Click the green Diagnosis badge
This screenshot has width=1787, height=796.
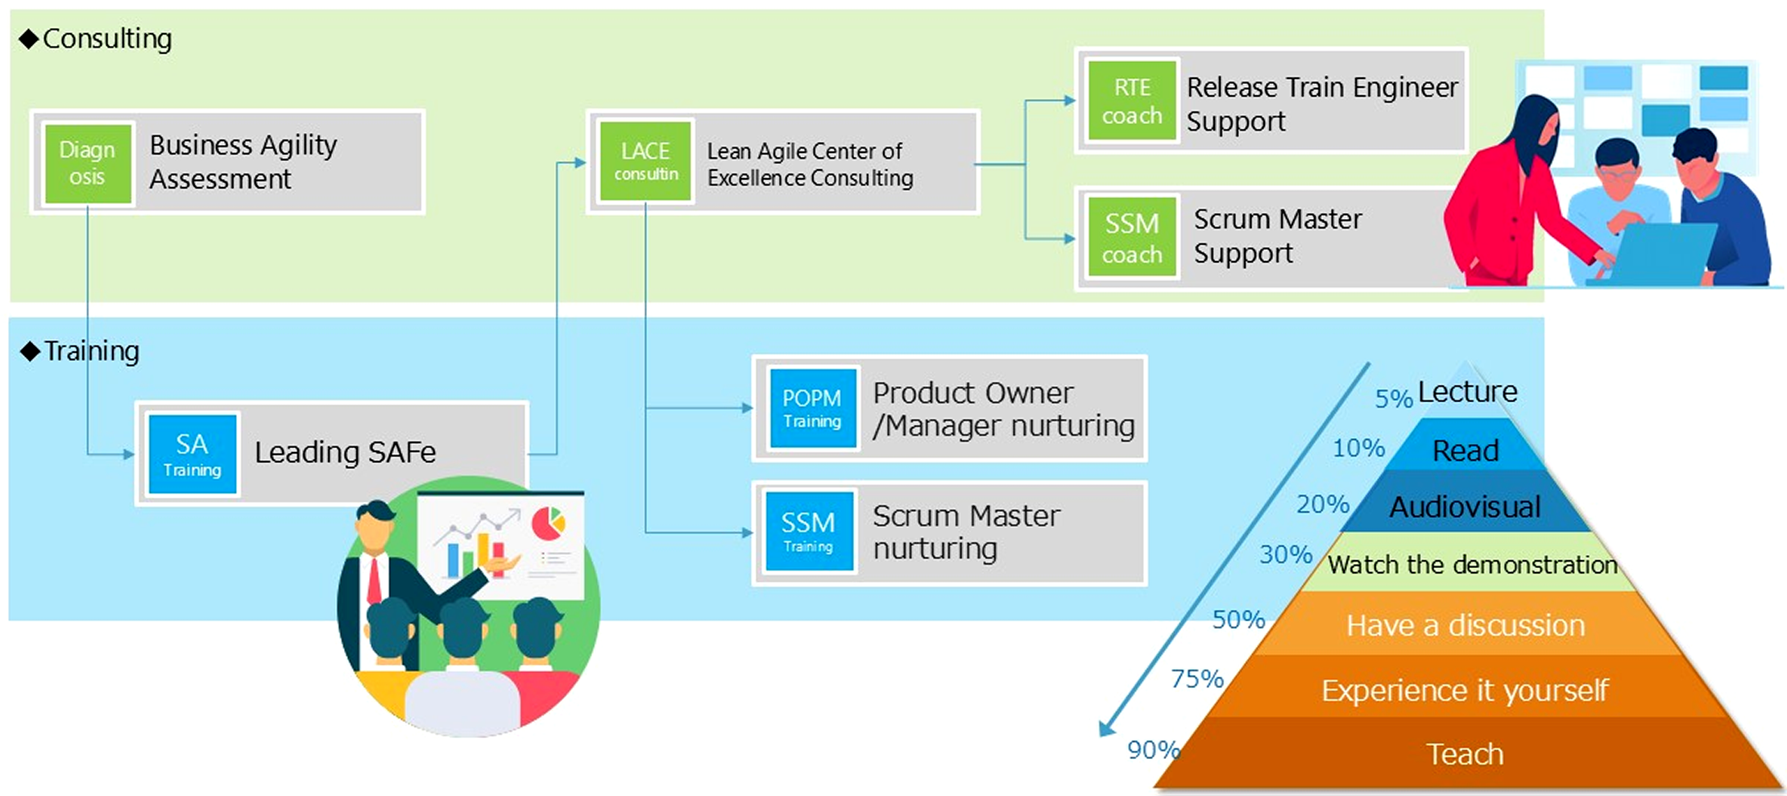point(87,163)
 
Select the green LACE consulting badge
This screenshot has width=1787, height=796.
point(645,161)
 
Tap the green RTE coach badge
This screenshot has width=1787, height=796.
point(1132,101)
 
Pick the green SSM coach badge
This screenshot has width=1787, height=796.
point(1132,238)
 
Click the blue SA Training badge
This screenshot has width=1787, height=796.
point(193,454)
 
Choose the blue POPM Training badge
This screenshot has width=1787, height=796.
point(812,408)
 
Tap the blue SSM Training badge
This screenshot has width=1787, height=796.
point(808,532)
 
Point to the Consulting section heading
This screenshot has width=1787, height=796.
point(106,39)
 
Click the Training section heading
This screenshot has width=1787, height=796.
point(91,351)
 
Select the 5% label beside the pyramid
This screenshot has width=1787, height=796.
point(1393,399)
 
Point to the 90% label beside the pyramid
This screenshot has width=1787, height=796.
point(1152,750)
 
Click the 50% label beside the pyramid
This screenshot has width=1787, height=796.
point(1238,620)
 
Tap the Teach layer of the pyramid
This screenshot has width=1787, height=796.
point(1465,754)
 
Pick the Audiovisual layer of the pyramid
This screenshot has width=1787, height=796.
point(1465,507)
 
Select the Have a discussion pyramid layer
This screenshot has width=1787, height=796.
point(1465,625)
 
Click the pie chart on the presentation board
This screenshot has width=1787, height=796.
point(549,523)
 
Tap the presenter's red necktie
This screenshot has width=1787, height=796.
point(375,579)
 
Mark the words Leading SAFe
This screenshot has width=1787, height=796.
point(345,453)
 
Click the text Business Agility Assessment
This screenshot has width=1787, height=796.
point(243,162)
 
